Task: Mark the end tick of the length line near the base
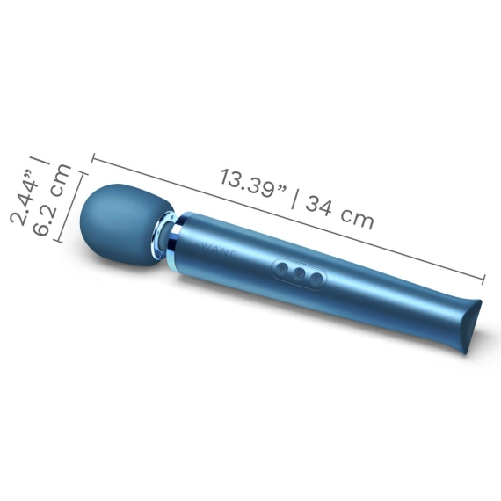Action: click(484, 280)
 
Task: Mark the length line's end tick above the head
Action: click(92, 160)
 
